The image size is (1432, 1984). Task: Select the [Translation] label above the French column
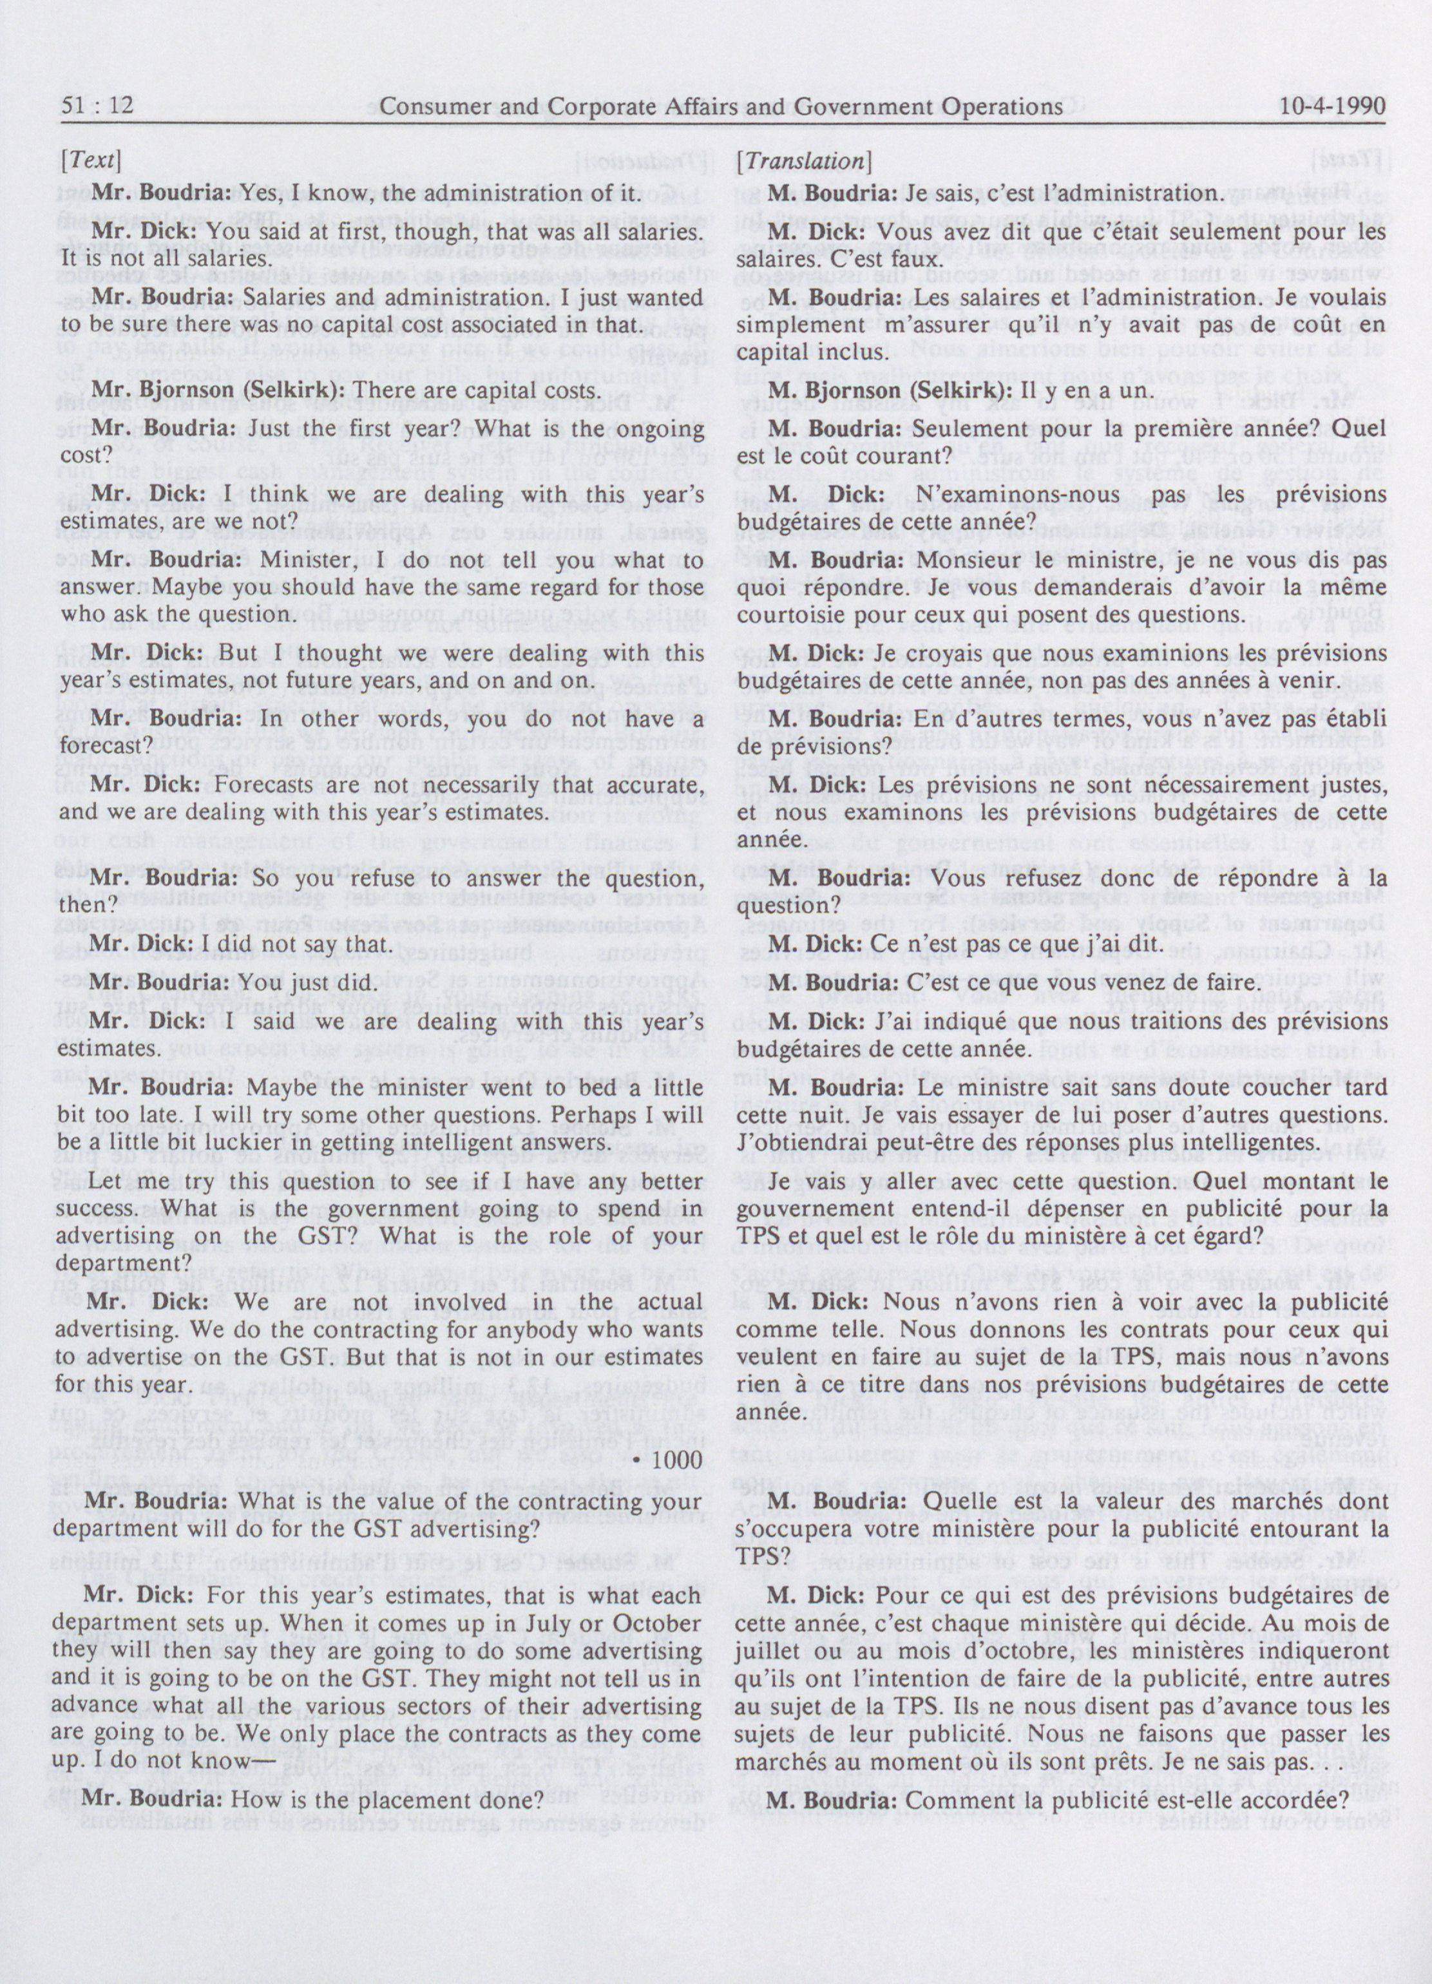tap(803, 161)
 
